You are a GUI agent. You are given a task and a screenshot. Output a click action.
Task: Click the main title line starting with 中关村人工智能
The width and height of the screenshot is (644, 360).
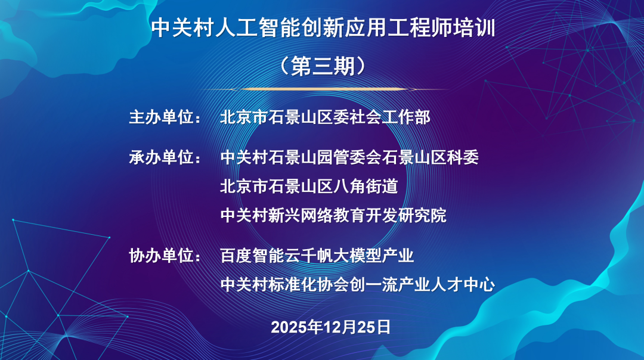click(x=323, y=28)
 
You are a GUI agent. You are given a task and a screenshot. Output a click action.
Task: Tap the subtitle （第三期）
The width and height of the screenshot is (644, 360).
click(x=323, y=66)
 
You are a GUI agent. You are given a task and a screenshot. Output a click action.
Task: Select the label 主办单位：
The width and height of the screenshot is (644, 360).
click(x=165, y=117)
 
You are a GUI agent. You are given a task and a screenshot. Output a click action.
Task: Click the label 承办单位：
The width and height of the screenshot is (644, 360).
click(x=165, y=157)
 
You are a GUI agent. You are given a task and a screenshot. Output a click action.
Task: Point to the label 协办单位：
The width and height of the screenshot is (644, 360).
click(x=165, y=256)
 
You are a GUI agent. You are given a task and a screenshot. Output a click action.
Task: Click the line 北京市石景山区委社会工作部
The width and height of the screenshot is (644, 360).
click(x=326, y=117)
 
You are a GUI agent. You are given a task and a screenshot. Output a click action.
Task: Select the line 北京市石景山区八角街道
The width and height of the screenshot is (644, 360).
click(x=309, y=187)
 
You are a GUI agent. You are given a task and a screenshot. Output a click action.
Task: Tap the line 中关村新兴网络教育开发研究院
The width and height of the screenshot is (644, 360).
click(x=333, y=215)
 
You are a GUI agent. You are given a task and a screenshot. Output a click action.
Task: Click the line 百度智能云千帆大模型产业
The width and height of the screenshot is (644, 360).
click(x=317, y=256)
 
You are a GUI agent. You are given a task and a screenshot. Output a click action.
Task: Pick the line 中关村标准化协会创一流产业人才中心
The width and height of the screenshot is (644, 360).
click(x=357, y=284)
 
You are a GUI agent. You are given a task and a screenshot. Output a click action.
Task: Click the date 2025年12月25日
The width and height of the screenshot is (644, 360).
click(x=330, y=327)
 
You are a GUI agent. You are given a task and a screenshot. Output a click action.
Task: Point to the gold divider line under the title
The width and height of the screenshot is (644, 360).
click(x=323, y=89)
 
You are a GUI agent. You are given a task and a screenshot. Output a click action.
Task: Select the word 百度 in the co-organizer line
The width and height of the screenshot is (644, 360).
click(x=236, y=256)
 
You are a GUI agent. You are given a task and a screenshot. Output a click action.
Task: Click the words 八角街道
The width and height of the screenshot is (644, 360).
click(x=366, y=187)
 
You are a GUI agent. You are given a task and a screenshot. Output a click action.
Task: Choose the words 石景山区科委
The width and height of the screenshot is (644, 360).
click(x=431, y=157)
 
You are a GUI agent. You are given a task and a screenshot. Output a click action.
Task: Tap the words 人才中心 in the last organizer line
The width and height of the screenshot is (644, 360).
click(x=463, y=284)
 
